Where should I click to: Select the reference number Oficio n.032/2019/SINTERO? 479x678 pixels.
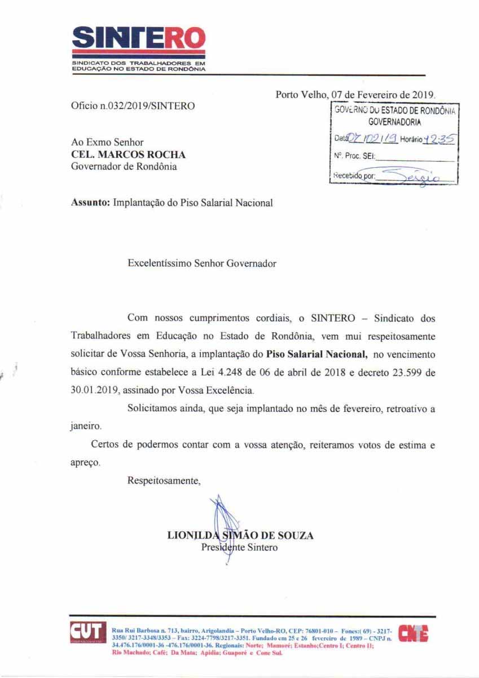[133, 106]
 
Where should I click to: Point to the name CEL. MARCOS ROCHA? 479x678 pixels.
[128, 154]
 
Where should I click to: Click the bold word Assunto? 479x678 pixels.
[91, 203]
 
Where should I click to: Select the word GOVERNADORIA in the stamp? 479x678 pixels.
[395, 121]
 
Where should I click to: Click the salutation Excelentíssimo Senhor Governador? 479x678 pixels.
[202, 263]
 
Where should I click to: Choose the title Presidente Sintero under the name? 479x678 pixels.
[239, 547]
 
